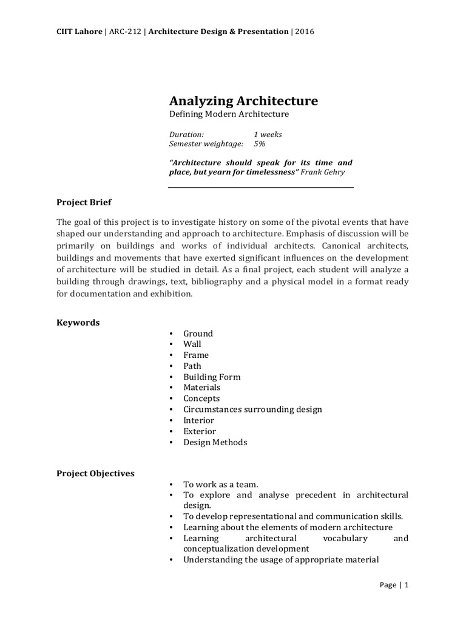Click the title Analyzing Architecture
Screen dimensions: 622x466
(x=243, y=100)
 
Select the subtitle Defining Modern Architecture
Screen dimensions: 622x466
(x=228, y=114)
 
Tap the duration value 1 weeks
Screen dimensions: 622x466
(x=268, y=134)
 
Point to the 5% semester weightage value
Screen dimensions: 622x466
(x=260, y=144)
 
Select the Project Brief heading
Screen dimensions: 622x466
(x=84, y=202)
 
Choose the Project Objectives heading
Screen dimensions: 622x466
(x=96, y=473)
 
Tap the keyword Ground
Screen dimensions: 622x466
(x=198, y=333)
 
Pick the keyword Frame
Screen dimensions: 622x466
(x=196, y=355)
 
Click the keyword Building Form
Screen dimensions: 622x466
(x=212, y=377)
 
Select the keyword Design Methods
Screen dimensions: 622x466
(x=215, y=442)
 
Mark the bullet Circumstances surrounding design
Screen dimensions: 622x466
(x=252, y=409)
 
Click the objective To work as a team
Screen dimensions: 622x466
(x=221, y=484)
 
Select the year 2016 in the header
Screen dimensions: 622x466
(x=304, y=32)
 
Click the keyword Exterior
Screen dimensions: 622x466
(x=200, y=431)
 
